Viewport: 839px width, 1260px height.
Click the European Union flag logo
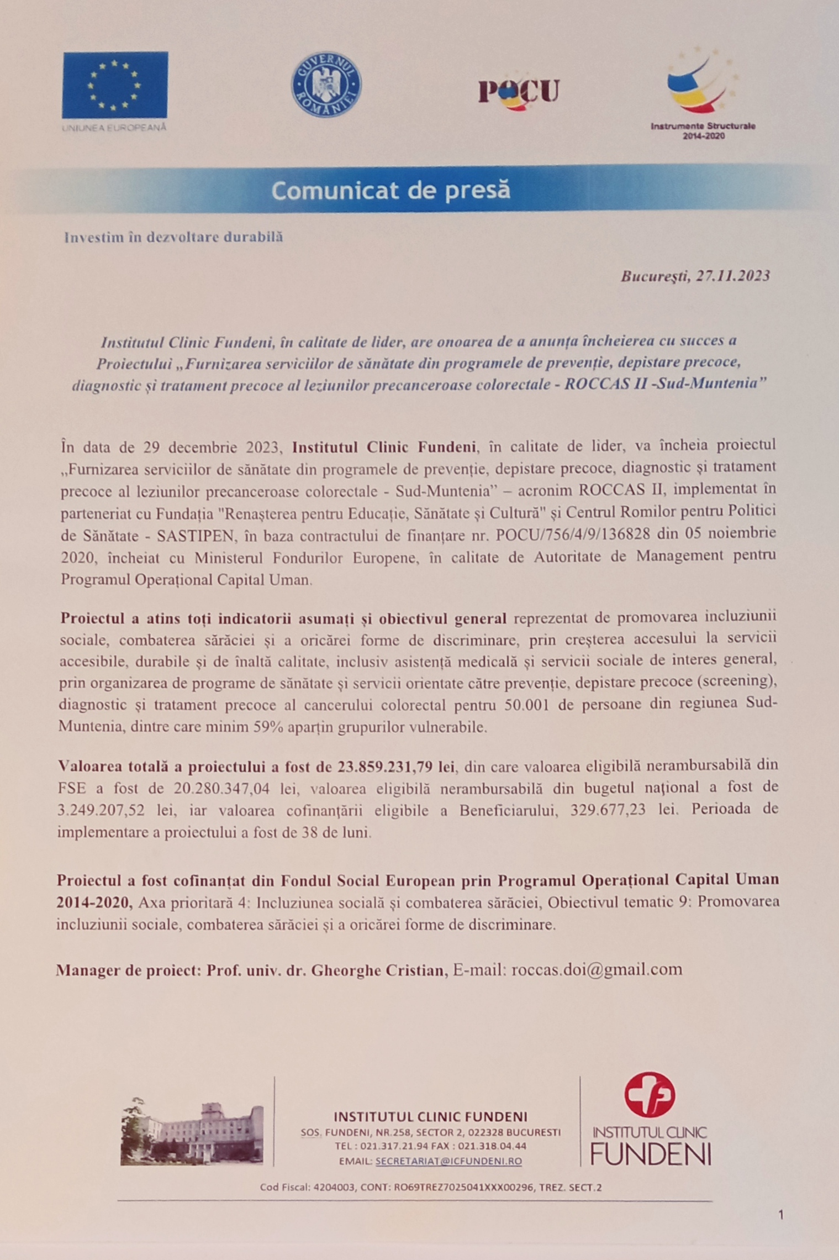[x=115, y=85]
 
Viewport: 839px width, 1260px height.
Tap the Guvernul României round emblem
[x=326, y=85]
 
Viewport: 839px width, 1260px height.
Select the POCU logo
[x=519, y=91]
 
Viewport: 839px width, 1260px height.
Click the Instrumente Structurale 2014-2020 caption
[x=703, y=130]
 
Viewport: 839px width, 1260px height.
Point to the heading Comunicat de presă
[x=391, y=190]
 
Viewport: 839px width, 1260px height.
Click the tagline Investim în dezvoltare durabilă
[x=173, y=237]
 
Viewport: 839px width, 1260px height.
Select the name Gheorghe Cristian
[x=379, y=970]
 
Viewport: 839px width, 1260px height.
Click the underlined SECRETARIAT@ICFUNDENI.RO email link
[x=448, y=1161]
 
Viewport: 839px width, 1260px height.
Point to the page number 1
[x=780, y=1215]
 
